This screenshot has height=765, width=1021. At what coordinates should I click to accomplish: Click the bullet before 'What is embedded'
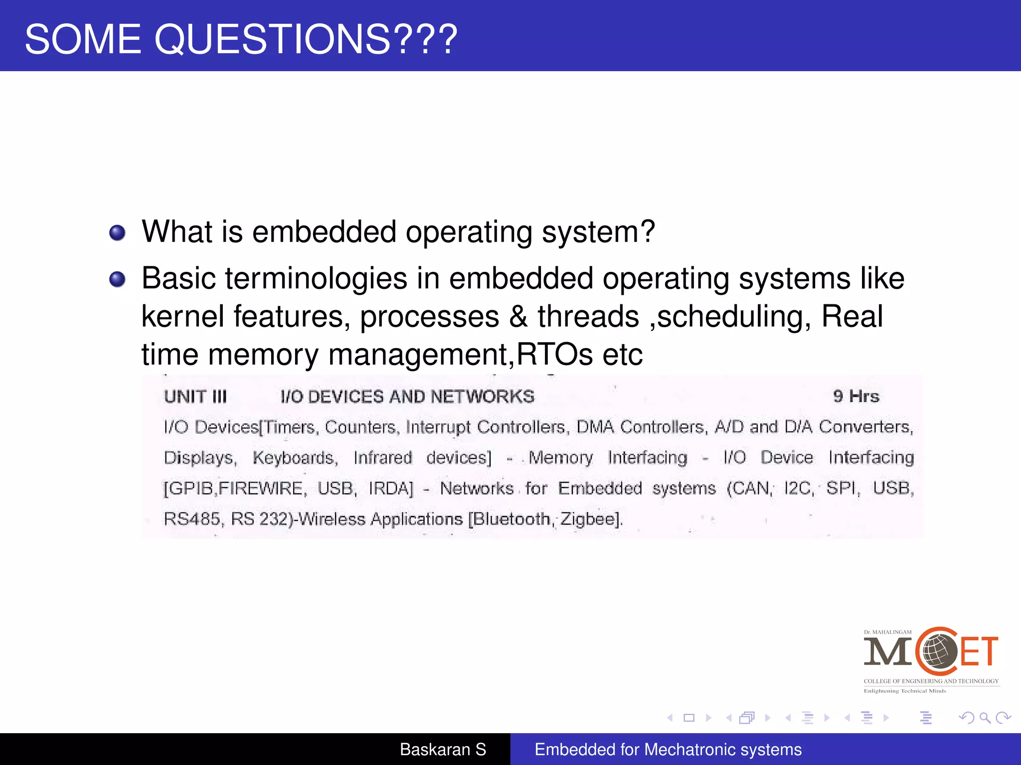(x=117, y=233)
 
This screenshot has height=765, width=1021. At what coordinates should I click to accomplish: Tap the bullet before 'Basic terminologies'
(x=117, y=279)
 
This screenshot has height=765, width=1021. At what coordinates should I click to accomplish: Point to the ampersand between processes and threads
(x=518, y=317)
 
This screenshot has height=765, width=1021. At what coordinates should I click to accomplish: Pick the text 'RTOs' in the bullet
(x=554, y=355)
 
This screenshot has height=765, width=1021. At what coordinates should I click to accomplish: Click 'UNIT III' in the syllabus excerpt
(x=195, y=397)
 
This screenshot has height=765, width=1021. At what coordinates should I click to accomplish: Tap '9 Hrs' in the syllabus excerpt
(x=856, y=396)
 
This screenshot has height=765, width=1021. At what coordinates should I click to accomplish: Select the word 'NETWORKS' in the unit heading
(x=482, y=397)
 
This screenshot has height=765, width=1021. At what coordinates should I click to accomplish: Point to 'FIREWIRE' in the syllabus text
(x=261, y=489)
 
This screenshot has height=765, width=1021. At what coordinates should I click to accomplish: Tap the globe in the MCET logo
(x=937, y=651)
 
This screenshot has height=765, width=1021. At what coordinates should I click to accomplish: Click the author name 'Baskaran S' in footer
(x=443, y=750)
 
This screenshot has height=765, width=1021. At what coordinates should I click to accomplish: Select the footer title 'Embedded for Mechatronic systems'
(x=668, y=750)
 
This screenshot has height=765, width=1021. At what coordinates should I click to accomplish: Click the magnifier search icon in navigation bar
(x=985, y=718)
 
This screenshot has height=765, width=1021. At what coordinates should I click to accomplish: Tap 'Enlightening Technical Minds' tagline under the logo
(x=905, y=691)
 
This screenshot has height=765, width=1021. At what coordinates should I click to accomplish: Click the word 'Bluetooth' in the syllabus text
(x=510, y=519)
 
